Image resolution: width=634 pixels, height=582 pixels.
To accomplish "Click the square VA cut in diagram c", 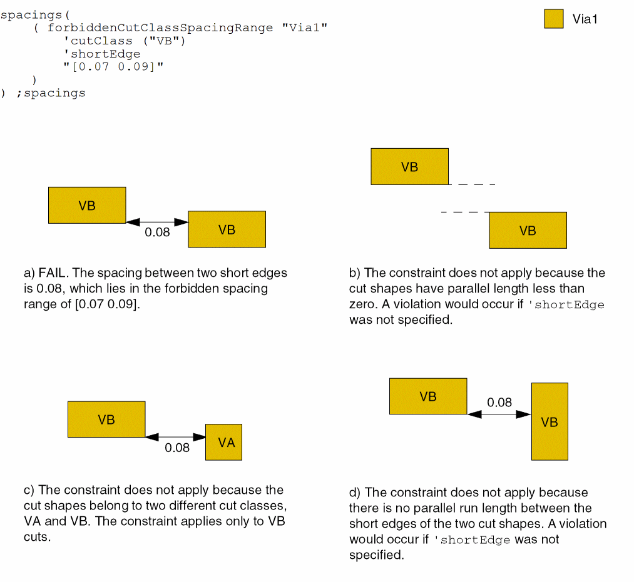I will point(224,443).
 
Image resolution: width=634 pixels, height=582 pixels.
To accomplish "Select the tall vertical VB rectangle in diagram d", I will point(550,422).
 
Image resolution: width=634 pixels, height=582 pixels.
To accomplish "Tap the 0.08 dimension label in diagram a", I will point(157,233).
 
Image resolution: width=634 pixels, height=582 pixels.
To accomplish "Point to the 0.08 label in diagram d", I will point(499,403).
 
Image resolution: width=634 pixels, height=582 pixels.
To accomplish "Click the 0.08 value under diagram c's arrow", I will point(177,448).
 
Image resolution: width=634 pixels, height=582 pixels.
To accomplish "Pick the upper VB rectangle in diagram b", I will point(409,166).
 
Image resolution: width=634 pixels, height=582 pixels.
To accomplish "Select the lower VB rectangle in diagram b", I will point(528,230).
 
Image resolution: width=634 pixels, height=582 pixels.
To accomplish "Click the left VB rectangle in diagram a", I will point(87,205).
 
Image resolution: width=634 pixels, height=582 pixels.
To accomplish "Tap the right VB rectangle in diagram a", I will point(227,229).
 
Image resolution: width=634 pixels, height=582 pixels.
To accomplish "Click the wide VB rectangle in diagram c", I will point(106,419).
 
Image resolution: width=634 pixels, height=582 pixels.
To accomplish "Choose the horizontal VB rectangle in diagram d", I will point(428,396).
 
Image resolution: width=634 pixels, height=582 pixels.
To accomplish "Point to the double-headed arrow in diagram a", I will point(157,222).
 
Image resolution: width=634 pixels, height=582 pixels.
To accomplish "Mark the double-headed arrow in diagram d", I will point(499,414).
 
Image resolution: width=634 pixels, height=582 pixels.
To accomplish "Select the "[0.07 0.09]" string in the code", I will point(113,67).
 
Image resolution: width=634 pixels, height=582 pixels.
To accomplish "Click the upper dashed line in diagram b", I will point(473,184).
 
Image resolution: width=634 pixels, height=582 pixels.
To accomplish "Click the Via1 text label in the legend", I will point(585,19).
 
